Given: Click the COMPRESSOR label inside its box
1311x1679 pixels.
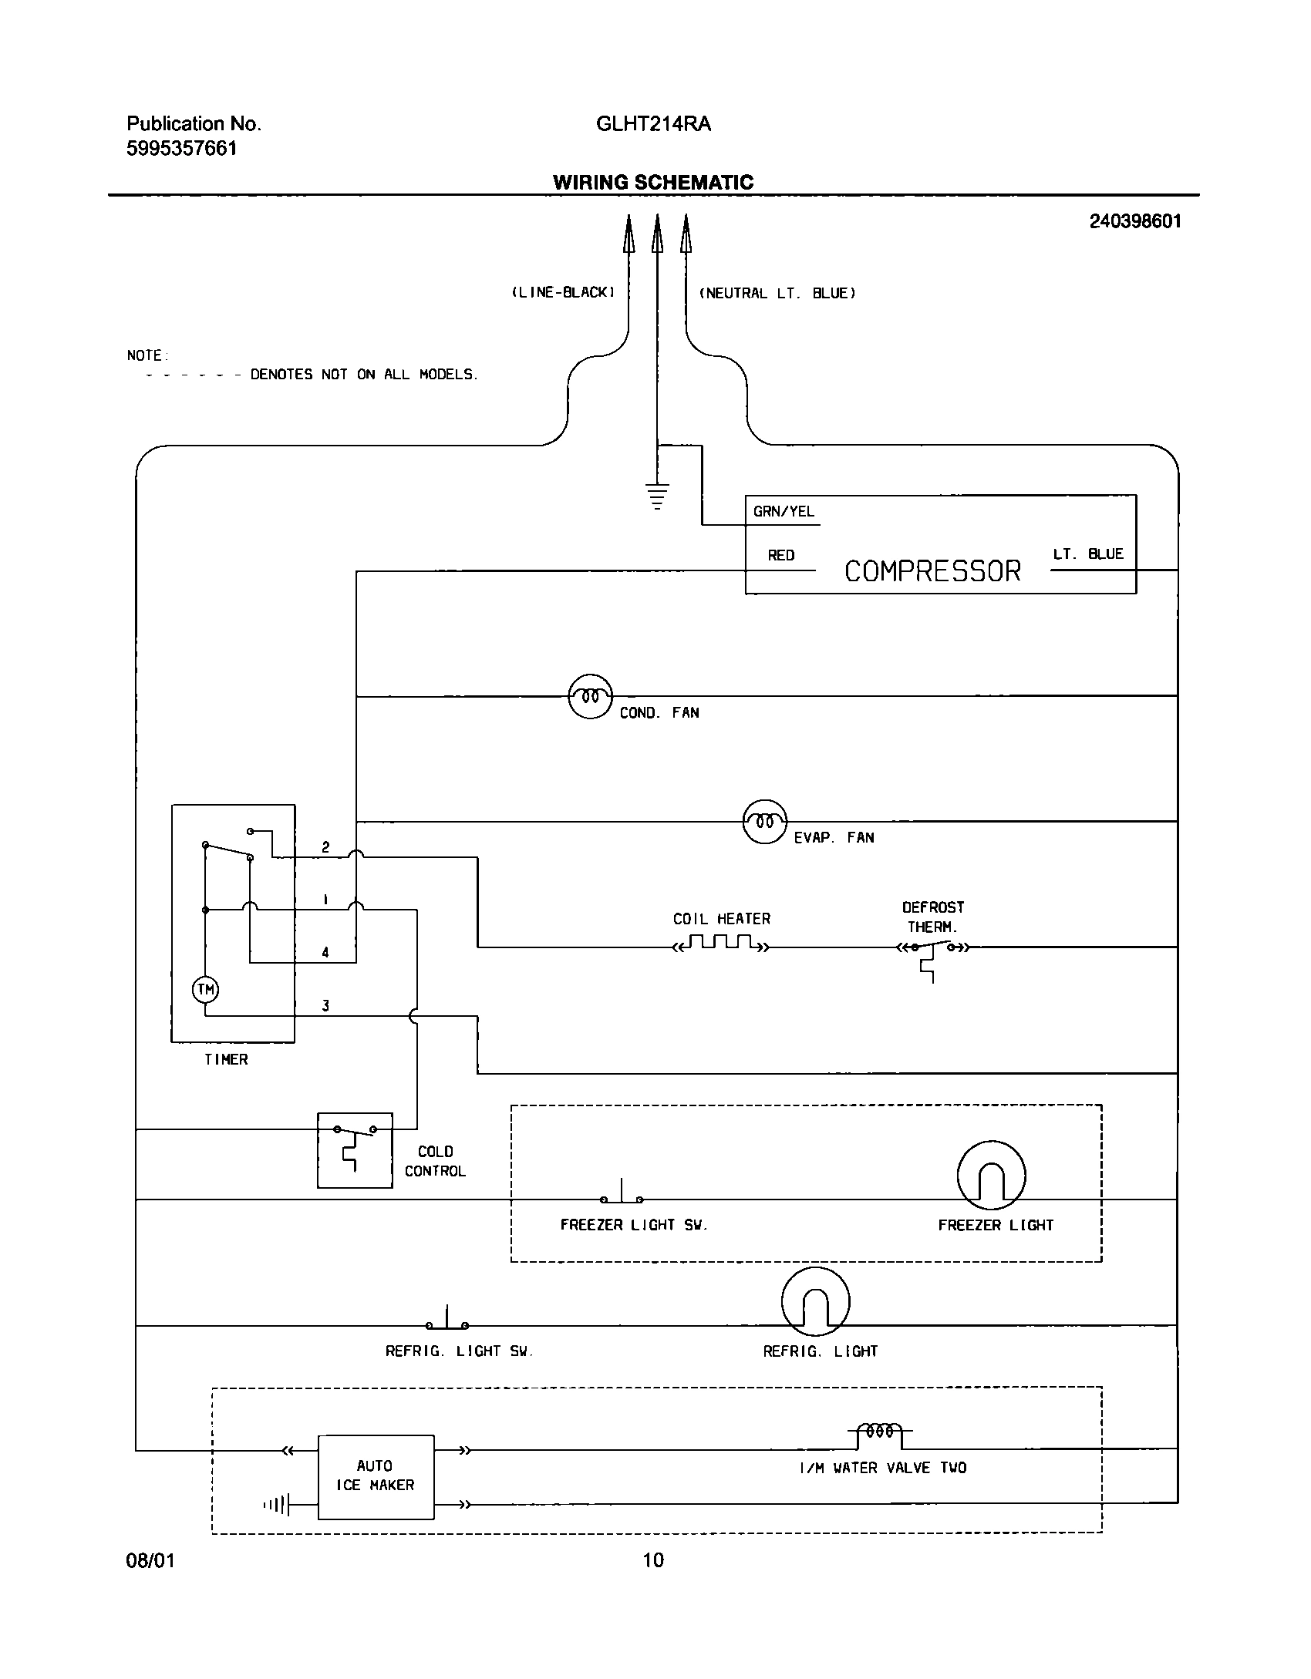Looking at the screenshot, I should pyautogui.click(x=932, y=571).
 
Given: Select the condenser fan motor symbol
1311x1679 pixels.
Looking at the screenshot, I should pyautogui.click(x=590, y=696).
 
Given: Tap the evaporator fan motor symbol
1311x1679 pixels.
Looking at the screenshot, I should pyautogui.click(x=764, y=822).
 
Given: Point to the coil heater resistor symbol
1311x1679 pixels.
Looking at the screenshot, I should pyautogui.click(x=721, y=944).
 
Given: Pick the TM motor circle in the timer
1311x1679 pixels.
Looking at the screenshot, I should pyautogui.click(x=205, y=989).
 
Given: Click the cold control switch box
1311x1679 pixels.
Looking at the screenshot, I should pyautogui.click(x=355, y=1150).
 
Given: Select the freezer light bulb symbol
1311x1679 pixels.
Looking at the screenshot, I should pyautogui.click(x=991, y=1176).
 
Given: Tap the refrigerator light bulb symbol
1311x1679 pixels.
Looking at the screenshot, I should pyautogui.click(x=815, y=1302).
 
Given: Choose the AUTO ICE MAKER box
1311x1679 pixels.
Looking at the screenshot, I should pyautogui.click(x=376, y=1476).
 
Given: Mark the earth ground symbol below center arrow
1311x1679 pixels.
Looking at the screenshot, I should pyautogui.click(x=657, y=496).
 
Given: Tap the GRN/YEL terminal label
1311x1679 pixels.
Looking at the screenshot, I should pyautogui.click(x=784, y=512).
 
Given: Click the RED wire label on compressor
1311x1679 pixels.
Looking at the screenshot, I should pyautogui.click(x=780, y=555).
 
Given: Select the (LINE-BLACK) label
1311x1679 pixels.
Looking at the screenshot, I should pyautogui.click(x=563, y=293).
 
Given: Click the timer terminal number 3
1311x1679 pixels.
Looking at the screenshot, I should pyautogui.click(x=325, y=1005).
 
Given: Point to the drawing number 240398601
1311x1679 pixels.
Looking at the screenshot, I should pyautogui.click(x=1134, y=222).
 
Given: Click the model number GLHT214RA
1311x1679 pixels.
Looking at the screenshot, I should pyautogui.click(x=653, y=124).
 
